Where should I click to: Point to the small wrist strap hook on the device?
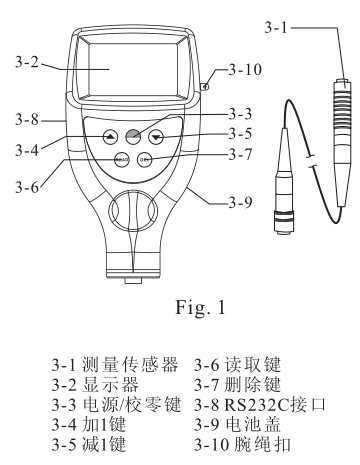coord(206,88)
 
